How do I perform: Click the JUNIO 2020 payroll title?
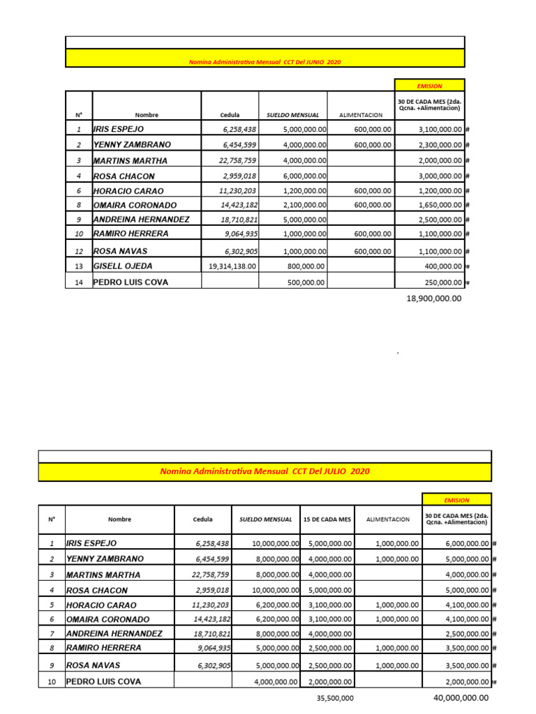pyautogui.click(x=265, y=62)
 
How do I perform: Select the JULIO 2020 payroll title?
pyautogui.click(x=265, y=472)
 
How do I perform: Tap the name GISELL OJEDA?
pyautogui.click(x=122, y=266)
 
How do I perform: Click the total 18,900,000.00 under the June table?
pyautogui.click(x=433, y=298)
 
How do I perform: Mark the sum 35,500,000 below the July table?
pyautogui.click(x=331, y=698)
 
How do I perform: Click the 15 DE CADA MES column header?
pyautogui.click(x=328, y=519)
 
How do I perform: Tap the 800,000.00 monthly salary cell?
pyautogui.click(x=306, y=266)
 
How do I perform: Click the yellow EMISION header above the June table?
pyautogui.click(x=429, y=86)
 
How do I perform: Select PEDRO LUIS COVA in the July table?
pyautogui.click(x=103, y=681)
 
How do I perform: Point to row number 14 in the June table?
pyautogui.click(x=79, y=282)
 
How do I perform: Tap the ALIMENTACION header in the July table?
pyautogui.click(x=388, y=519)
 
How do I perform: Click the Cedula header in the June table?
pyautogui.click(x=230, y=115)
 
